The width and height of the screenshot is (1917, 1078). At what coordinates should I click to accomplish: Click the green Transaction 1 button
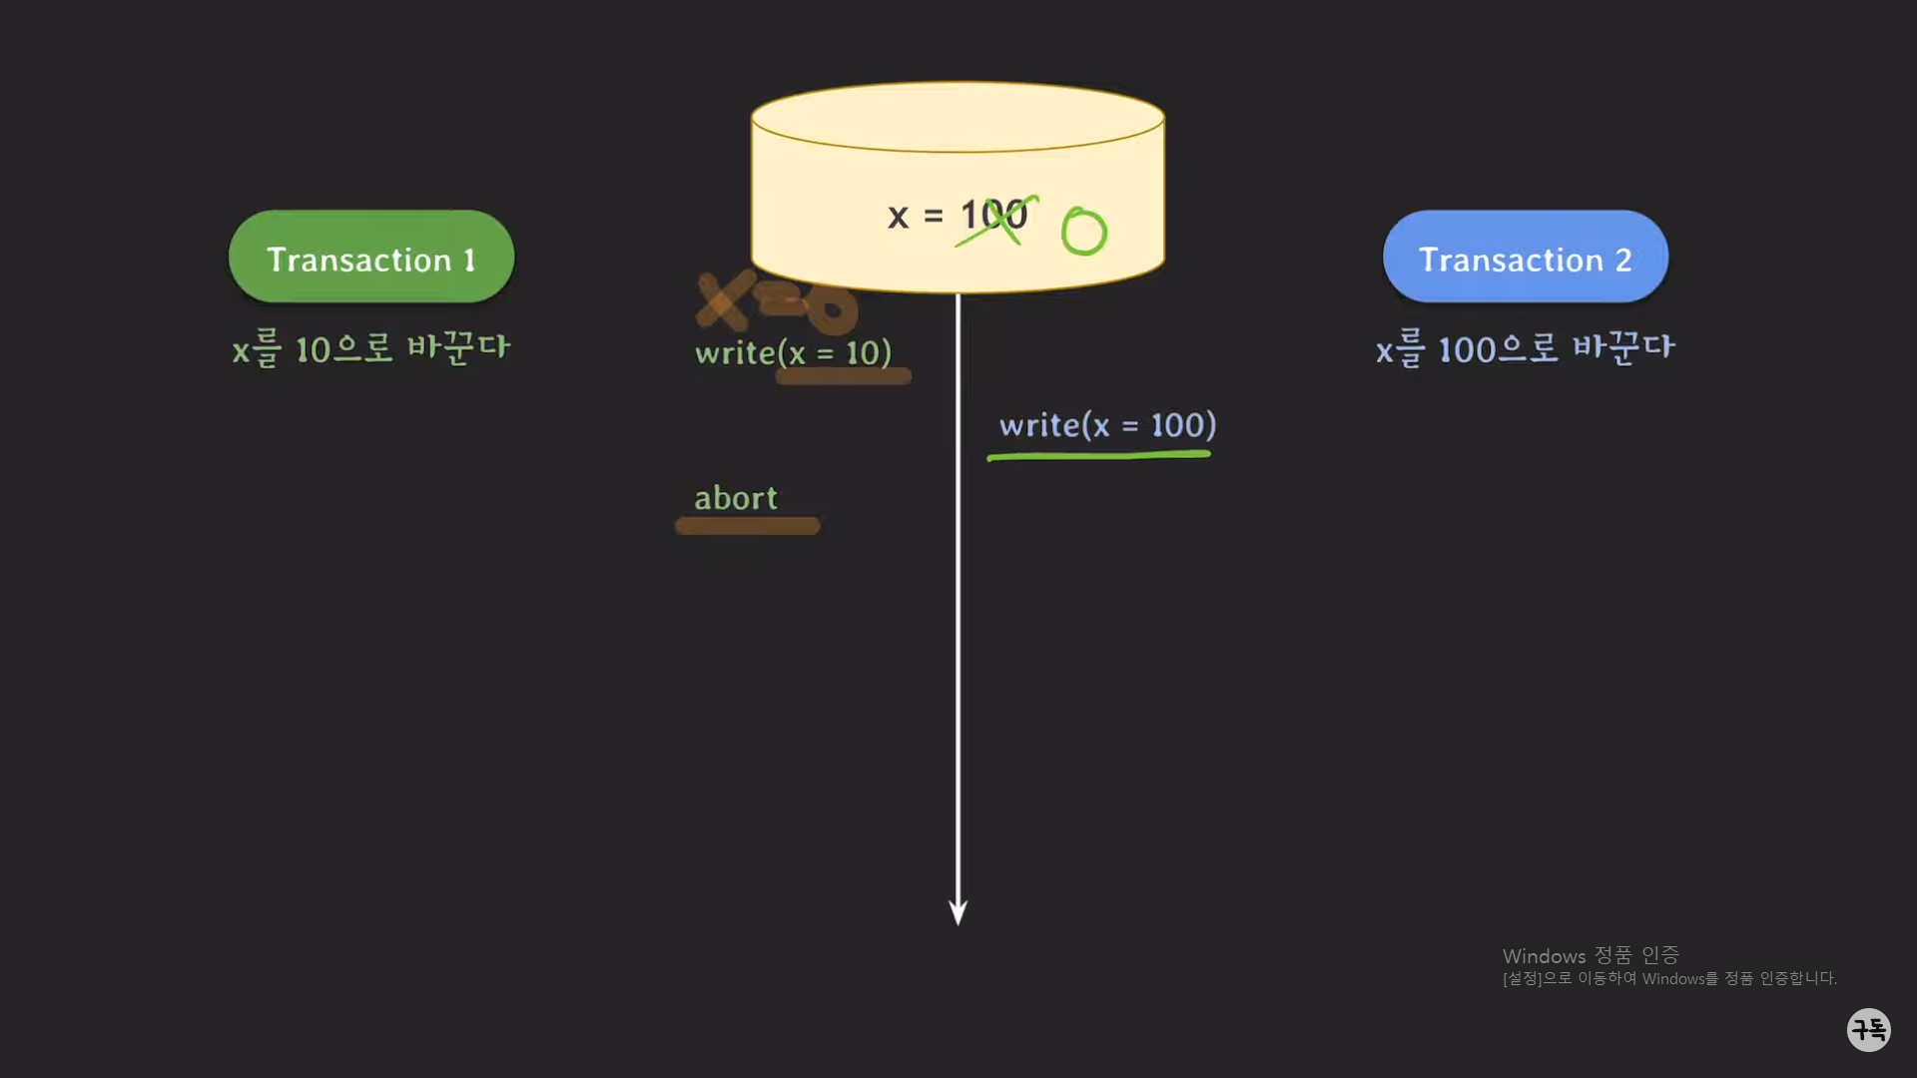pyautogui.click(x=370, y=257)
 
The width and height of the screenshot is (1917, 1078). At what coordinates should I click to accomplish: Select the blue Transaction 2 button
pyautogui.click(x=1525, y=257)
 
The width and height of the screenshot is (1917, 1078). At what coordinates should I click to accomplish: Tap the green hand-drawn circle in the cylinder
pyautogui.click(x=1083, y=232)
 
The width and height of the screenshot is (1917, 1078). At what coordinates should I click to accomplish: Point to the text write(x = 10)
pyautogui.click(x=793, y=352)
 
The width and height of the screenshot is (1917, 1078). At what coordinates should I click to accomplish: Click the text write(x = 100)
pyautogui.click(x=1107, y=425)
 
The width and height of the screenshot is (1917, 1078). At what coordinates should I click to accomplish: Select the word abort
pyautogui.click(x=735, y=498)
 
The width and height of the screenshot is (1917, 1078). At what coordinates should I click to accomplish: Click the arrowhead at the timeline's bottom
pyautogui.click(x=958, y=912)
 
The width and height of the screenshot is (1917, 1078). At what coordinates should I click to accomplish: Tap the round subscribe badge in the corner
pyautogui.click(x=1868, y=1029)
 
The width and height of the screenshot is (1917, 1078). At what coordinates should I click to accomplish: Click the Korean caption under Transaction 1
pyautogui.click(x=370, y=349)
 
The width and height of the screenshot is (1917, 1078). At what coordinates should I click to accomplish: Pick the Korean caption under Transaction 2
pyautogui.click(x=1525, y=349)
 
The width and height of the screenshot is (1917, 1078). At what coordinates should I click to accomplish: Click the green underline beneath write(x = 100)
pyautogui.click(x=1098, y=456)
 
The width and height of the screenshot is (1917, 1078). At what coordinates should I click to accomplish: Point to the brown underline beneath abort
pyautogui.click(x=747, y=526)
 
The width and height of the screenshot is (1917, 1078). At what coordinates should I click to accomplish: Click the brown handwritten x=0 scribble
pyautogui.click(x=777, y=301)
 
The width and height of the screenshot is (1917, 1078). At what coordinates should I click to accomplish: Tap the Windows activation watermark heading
pyautogui.click(x=1591, y=955)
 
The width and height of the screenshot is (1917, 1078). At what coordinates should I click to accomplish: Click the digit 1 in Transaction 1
pyautogui.click(x=469, y=261)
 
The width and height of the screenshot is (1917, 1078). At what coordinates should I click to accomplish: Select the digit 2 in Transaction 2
pyautogui.click(x=1623, y=261)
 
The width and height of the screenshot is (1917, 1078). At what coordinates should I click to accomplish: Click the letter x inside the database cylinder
pyautogui.click(x=898, y=217)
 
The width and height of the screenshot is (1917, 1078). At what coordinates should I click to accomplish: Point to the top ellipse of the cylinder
pyautogui.click(x=958, y=117)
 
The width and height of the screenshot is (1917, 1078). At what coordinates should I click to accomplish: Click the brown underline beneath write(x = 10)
pyautogui.click(x=843, y=376)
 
